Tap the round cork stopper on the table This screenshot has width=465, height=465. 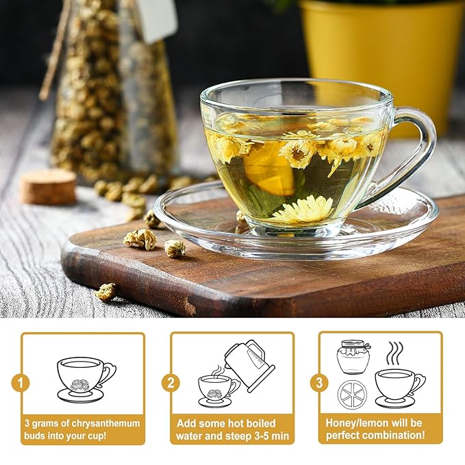click(x=48, y=186)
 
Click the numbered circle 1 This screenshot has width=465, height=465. click(x=21, y=382)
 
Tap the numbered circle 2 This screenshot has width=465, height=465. click(x=171, y=382)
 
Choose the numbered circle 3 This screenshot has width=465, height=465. click(x=318, y=382)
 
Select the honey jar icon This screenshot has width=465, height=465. click(x=353, y=357)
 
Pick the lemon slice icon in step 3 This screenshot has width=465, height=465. click(x=352, y=394)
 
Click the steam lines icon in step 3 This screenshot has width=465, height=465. click(x=395, y=353)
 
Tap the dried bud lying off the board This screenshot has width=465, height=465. click(x=105, y=292)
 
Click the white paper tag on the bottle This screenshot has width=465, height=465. click(x=157, y=18)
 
